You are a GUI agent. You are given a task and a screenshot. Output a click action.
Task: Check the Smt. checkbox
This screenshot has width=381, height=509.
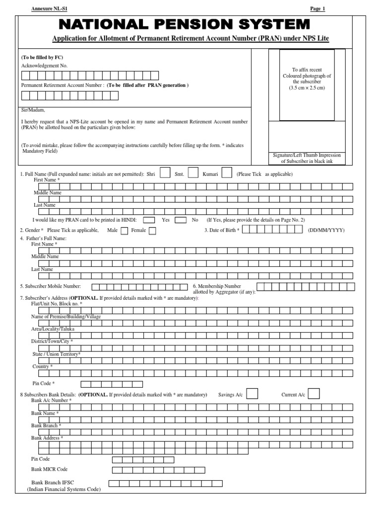click(194, 173)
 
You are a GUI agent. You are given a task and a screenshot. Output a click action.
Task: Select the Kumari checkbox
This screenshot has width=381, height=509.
click(227, 173)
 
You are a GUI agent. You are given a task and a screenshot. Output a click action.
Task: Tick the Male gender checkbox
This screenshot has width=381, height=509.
click(124, 231)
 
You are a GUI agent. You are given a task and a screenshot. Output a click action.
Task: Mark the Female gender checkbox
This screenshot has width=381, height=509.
click(152, 231)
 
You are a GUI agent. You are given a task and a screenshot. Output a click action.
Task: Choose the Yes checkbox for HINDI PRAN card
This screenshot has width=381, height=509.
click(151, 219)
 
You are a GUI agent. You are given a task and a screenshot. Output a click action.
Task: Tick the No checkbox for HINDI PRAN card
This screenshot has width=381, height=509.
click(181, 219)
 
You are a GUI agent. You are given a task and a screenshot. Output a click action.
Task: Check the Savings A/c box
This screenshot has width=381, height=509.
click(252, 394)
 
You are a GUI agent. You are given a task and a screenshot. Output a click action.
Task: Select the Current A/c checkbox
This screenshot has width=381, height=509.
click(314, 394)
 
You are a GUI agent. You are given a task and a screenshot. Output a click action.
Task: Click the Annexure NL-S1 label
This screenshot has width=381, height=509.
click(49, 9)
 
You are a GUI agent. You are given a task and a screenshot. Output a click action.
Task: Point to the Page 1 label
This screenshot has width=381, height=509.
click(317, 9)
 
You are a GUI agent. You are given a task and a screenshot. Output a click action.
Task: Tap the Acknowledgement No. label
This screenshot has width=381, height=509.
click(44, 66)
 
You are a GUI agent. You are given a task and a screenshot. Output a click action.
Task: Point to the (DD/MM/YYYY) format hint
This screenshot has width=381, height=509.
click(326, 230)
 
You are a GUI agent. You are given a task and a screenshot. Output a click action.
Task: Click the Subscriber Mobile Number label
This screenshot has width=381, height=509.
click(50, 286)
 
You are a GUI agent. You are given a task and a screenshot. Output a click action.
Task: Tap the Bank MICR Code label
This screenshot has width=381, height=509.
click(50, 469)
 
